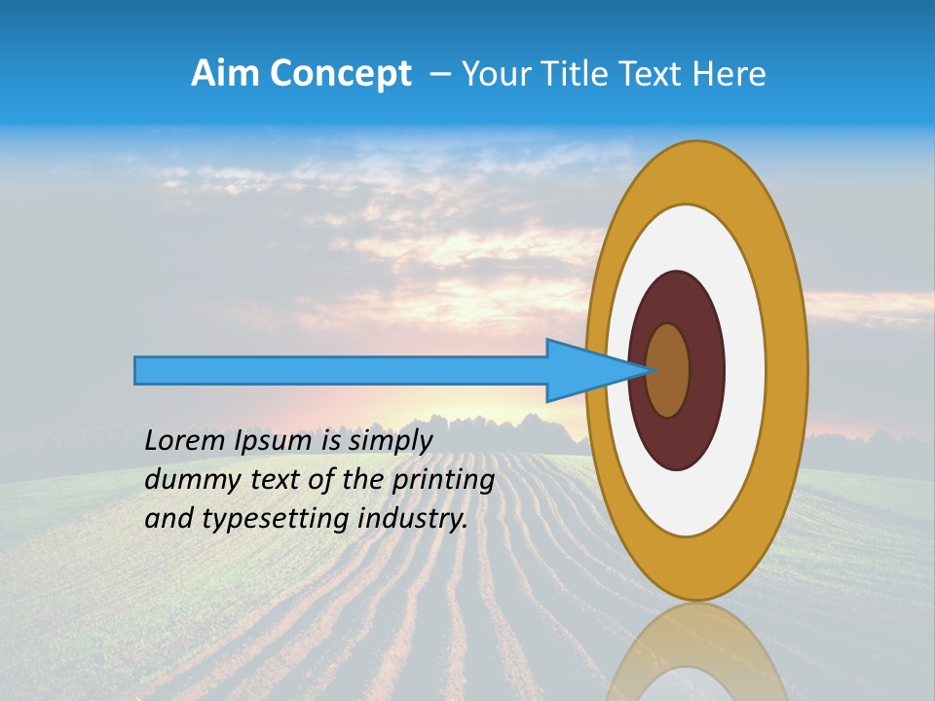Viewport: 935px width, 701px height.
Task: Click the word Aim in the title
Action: [x=226, y=74]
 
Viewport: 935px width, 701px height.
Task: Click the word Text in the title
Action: [x=654, y=74]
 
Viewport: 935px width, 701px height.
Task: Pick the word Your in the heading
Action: [x=497, y=74]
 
